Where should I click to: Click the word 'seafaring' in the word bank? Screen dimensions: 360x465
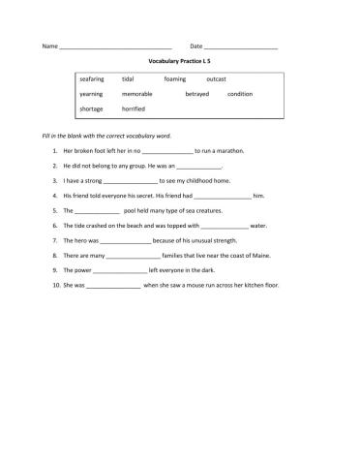(93, 78)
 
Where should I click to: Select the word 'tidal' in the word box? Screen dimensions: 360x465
(128, 78)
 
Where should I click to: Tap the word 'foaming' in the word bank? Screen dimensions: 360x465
(175, 78)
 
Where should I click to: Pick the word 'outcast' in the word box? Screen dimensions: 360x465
(217, 78)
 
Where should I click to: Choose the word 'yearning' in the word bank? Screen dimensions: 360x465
(92, 94)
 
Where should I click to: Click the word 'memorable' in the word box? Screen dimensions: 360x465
(137, 94)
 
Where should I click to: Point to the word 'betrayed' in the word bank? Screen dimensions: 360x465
(196, 94)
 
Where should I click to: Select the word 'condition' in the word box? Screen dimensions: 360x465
(240, 94)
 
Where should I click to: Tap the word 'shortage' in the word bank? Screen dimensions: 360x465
(92, 109)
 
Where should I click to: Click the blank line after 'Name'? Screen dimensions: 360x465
(115, 47)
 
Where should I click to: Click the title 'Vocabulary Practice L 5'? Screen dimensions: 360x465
(180, 60)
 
